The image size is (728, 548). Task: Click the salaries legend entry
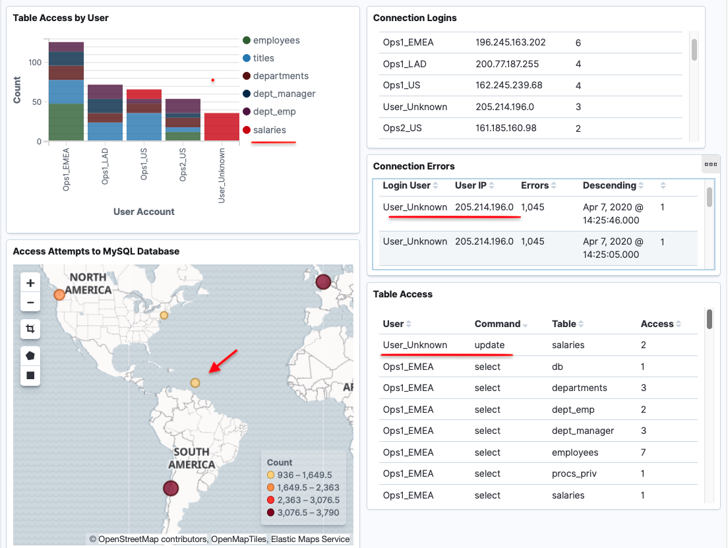(264, 130)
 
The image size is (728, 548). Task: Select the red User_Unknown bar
(222, 127)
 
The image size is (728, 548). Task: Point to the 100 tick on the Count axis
(36, 62)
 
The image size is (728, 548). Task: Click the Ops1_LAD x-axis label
(105, 166)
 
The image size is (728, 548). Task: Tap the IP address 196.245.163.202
(510, 42)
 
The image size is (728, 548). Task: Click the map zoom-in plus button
(30, 283)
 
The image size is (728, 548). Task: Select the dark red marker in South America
(171, 488)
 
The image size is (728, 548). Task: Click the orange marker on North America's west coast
(59, 294)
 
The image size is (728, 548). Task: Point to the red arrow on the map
(224, 361)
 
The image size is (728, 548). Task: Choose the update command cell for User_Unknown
(489, 345)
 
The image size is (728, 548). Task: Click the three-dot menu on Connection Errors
(711, 164)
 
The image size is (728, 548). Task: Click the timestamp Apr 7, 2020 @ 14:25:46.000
(613, 214)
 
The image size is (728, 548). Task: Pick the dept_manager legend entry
(279, 94)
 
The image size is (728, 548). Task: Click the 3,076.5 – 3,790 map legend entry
(303, 512)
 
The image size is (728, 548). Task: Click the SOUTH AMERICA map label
(192, 458)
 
